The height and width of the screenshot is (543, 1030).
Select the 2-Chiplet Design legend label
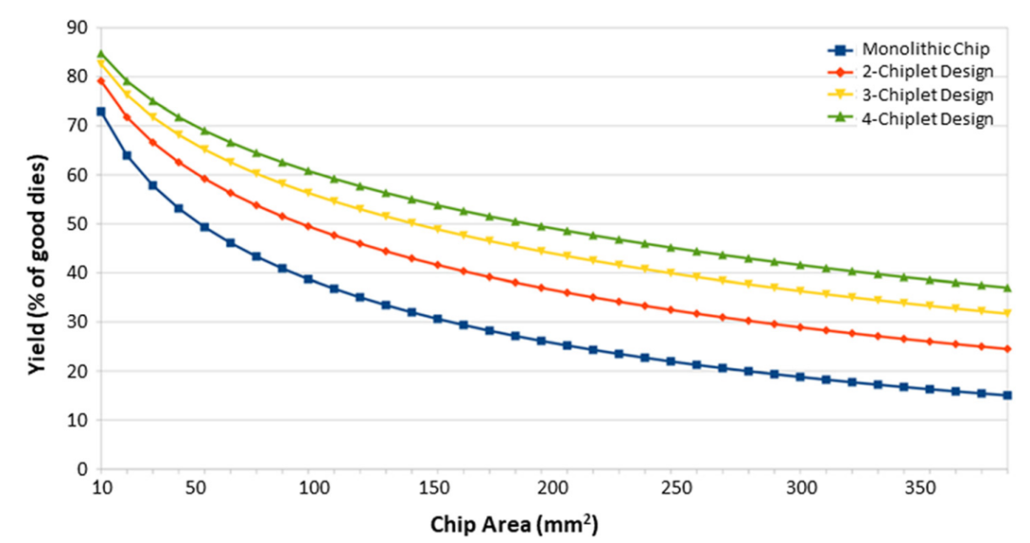914,72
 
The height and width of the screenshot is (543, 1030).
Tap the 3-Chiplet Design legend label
914,94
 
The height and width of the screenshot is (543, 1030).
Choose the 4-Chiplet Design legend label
914,118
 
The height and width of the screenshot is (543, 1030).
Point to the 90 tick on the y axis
76,28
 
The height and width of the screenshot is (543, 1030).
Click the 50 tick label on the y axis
76,224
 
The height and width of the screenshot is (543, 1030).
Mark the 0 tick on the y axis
81,470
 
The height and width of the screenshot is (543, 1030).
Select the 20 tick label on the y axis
76,371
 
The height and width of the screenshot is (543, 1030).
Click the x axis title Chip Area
514,524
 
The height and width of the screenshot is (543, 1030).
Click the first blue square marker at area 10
100,112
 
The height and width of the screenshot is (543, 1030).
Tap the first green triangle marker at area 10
100,54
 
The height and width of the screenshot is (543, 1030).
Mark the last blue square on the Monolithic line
1007,395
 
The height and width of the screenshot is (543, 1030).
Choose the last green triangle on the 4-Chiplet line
1007,287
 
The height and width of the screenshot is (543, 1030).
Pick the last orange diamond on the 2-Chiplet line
1007,348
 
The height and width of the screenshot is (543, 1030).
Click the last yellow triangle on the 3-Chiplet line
1007,313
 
